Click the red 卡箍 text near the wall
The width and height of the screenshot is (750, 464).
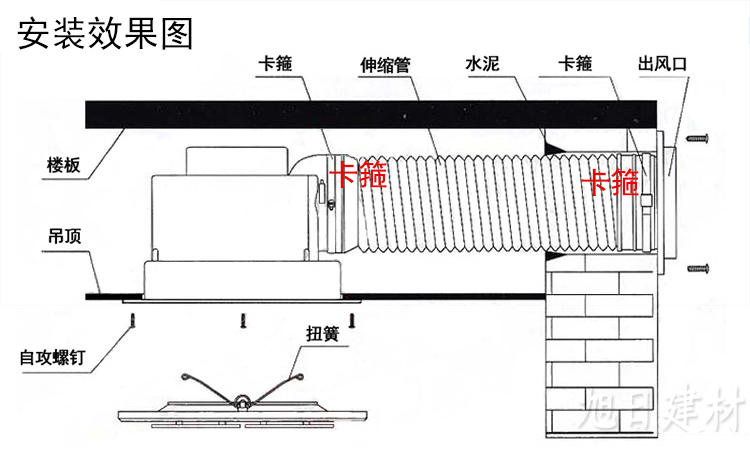click(611, 182)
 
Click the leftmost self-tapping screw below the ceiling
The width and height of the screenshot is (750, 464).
click(130, 319)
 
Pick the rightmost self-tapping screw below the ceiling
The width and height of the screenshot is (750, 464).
click(351, 319)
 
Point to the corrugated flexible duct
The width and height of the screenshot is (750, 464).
click(470, 199)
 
